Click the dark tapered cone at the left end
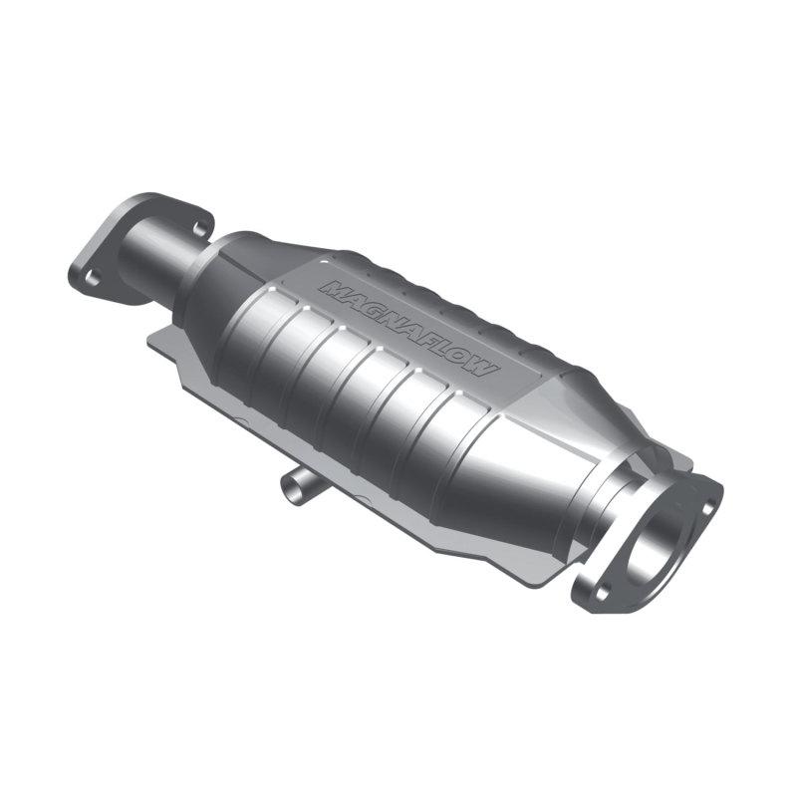(214, 289)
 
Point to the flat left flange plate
(110, 254)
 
